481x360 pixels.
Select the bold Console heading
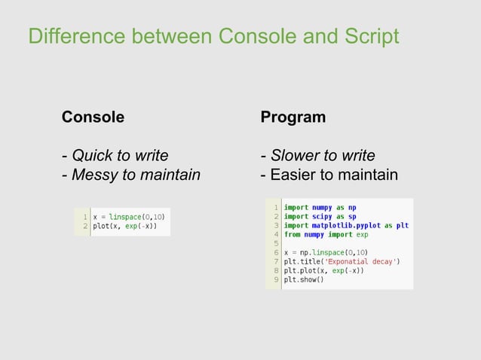point(93,117)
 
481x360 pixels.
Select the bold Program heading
point(293,117)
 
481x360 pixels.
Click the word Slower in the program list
point(295,156)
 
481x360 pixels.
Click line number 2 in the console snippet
point(85,226)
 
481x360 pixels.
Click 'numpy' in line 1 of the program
point(323,207)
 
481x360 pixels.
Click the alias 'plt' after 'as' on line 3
point(402,225)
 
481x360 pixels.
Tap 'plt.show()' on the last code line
point(303,280)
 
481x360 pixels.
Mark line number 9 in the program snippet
point(277,280)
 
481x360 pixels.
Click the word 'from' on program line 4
point(291,234)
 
